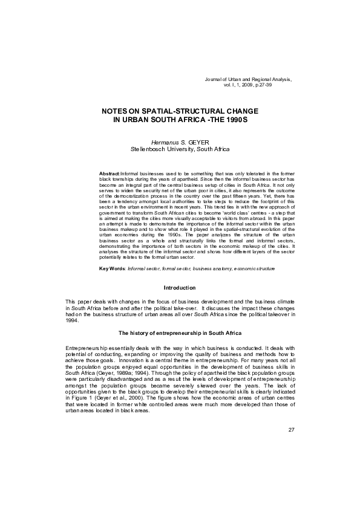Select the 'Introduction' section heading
click(x=180, y=287)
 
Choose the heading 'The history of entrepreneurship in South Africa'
click(x=180, y=333)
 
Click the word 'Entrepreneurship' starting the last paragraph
click(x=88, y=350)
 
